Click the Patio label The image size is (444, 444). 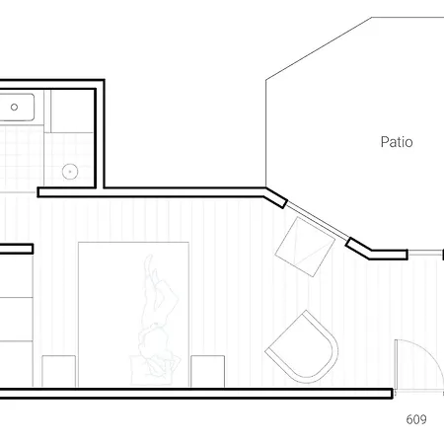point(397,142)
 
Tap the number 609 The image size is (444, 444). point(416,419)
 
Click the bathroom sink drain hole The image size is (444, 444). point(14,107)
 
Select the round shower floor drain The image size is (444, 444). point(70,172)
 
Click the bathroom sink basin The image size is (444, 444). point(17,108)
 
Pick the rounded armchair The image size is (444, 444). point(303,347)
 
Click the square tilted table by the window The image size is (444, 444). point(305,247)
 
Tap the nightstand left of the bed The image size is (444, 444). point(59,371)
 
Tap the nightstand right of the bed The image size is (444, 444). point(208,371)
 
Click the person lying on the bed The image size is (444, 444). point(157,316)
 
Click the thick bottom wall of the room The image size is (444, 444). point(196,394)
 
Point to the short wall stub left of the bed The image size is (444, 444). point(17,249)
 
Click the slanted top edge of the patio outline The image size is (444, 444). point(319,48)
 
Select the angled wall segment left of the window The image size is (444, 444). point(275,197)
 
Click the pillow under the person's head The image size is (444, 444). point(152,369)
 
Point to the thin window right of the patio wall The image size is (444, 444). point(425,253)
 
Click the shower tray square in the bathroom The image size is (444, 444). point(72,111)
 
